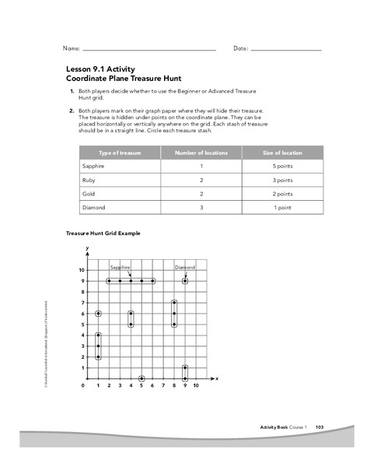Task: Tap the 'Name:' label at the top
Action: (72, 49)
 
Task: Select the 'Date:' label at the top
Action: (240, 49)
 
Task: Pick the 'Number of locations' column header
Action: (201, 153)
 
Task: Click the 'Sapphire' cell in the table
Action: (94, 167)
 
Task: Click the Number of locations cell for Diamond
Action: (201, 208)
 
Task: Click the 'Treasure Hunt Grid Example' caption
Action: (103, 233)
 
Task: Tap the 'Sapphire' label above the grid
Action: (119, 267)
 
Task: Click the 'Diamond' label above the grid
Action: (184, 267)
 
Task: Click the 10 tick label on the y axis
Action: (81, 270)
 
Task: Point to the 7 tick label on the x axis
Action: (163, 385)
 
